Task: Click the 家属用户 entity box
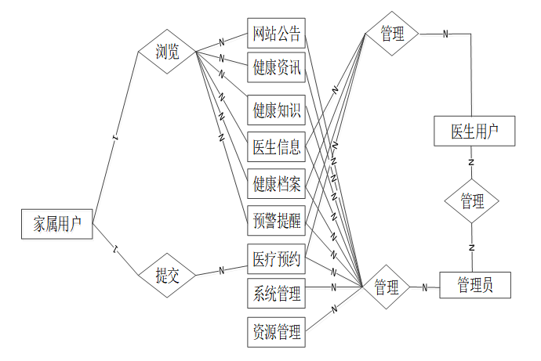pos(57,225)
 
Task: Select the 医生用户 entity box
pos(474,131)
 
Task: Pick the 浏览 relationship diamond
pos(167,52)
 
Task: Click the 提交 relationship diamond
pos(166,275)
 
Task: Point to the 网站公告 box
pos(276,34)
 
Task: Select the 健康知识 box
pos(276,110)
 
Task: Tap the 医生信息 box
pos(276,146)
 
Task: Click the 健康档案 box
pos(276,184)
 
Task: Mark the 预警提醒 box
pos(276,220)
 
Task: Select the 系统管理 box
pos(276,294)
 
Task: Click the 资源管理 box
pos(276,332)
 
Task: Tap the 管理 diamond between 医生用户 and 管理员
pos(472,201)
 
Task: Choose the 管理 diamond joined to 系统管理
pos(387,287)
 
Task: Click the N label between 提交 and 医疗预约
pos(222,270)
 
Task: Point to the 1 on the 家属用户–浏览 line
pos(115,138)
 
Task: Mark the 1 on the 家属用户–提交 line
pos(115,250)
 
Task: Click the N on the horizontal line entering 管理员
pos(425,287)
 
